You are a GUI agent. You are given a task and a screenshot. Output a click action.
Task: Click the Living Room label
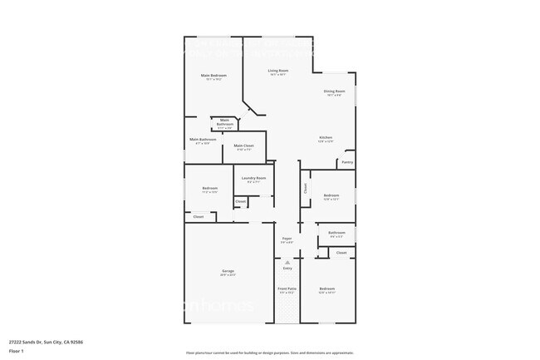point(277,71)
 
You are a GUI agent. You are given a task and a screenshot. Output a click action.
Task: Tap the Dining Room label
point(334,91)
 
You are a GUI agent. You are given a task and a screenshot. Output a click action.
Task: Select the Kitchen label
point(326,137)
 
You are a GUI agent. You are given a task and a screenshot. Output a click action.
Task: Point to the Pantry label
point(346,162)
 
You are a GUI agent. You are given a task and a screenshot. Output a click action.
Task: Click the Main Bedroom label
point(214,76)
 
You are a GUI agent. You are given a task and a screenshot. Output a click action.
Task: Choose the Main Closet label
point(243,145)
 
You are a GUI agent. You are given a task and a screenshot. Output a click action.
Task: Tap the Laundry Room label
point(253,178)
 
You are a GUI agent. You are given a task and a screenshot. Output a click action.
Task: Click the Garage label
point(227,271)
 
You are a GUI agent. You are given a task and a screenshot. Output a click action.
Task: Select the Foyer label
point(287,238)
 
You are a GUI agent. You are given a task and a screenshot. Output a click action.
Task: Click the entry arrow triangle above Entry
point(287,262)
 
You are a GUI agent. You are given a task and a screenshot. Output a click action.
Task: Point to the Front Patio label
point(287,288)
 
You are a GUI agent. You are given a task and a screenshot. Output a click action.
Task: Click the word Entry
point(287,269)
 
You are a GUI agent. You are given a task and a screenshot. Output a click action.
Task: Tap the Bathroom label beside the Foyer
point(336,233)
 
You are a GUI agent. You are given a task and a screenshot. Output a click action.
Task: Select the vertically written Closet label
point(305,189)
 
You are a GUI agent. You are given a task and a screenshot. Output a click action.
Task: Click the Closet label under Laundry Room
point(240,201)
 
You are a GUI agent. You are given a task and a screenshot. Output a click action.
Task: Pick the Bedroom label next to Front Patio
point(326,288)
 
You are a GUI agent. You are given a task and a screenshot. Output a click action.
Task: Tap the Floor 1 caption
point(17,351)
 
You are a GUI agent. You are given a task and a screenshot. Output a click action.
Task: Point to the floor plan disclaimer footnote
point(270,353)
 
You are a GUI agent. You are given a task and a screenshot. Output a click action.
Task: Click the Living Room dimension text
point(277,75)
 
